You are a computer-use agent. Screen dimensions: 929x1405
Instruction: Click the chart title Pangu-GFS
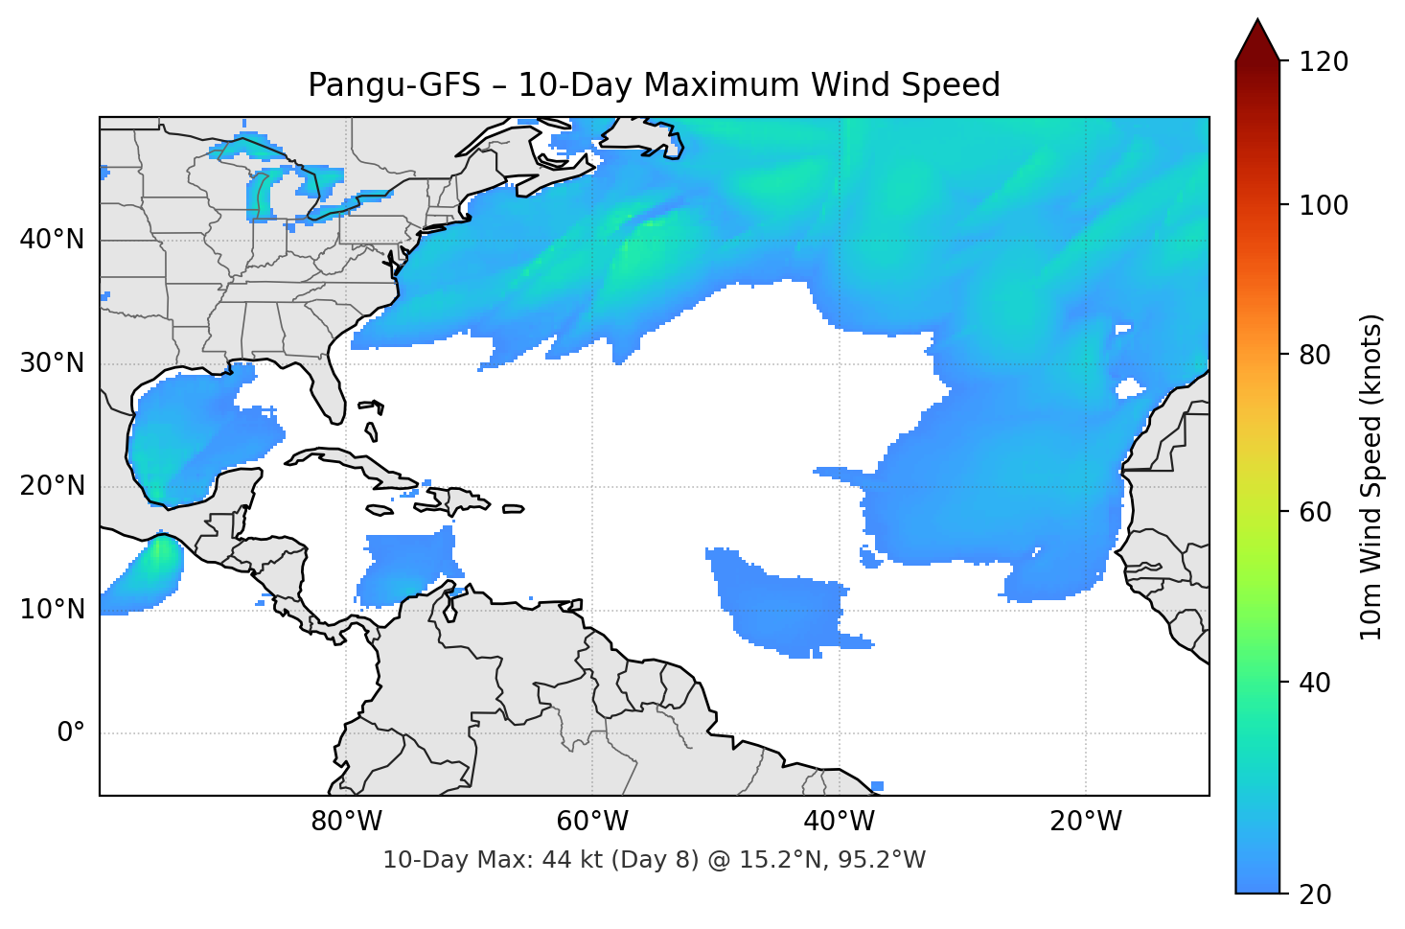[654, 85]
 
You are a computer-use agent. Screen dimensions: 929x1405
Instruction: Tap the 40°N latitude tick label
[52, 240]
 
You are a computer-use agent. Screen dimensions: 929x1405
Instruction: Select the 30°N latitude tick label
[52, 363]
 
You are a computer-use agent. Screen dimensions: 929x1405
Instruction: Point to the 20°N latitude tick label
[52, 486]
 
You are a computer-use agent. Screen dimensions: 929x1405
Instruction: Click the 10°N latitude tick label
[52, 610]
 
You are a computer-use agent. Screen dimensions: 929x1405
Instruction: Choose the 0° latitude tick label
[70, 733]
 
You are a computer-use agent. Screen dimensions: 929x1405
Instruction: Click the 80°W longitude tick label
[346, 822]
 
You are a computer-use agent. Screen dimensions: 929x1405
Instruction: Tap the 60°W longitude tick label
[592, 822]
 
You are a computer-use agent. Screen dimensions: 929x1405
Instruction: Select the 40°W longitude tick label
[839, 822]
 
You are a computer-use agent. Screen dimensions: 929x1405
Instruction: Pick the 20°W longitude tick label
[1085, 822]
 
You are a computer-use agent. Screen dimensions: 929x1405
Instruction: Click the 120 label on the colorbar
[1324, 62]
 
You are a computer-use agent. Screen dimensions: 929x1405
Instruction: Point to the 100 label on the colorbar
[1324, 205]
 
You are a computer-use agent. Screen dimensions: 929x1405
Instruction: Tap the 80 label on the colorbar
[1315, 355]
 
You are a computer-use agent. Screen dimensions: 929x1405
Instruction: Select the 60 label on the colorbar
[1315, 512]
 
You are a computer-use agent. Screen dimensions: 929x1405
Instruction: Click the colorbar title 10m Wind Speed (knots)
[1371, 476]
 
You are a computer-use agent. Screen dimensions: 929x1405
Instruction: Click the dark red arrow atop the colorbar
[1257, 41]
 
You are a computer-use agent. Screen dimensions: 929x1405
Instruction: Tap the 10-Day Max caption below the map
[654, 860]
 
